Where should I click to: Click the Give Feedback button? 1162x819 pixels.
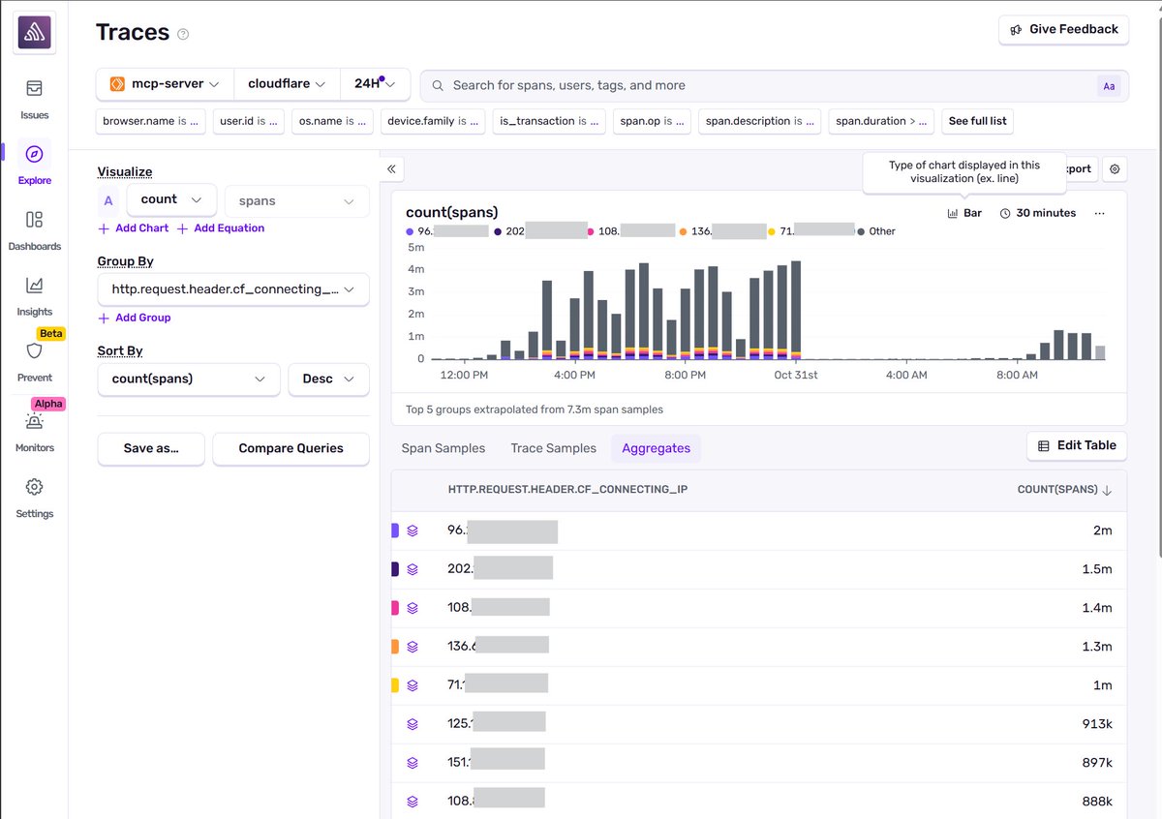(x=1063, y=30)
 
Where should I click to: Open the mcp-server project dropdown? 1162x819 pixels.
(x=165, y=84)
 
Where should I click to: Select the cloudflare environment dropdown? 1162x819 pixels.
(x=286, y=84)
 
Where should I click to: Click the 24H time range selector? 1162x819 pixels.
(x=374, y=84)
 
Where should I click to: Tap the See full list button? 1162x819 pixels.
(x=976, y=121)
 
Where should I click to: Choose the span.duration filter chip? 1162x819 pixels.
(x=882, y=121)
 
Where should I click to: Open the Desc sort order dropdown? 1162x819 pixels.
(x=328, y=379)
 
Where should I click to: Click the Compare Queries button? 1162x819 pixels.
(x=290, y=448)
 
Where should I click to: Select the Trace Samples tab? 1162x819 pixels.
(x=553, y=448)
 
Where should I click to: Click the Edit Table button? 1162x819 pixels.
(x=1076, y=445)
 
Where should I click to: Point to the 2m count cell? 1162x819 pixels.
(x=1102, y=531)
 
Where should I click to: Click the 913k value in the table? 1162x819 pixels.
(x=1097, y=724)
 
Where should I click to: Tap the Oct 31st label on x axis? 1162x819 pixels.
(x=796, y=375)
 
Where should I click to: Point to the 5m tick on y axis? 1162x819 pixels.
(x=415, y=247)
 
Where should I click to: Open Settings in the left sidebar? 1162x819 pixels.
(x=34, y=497)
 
